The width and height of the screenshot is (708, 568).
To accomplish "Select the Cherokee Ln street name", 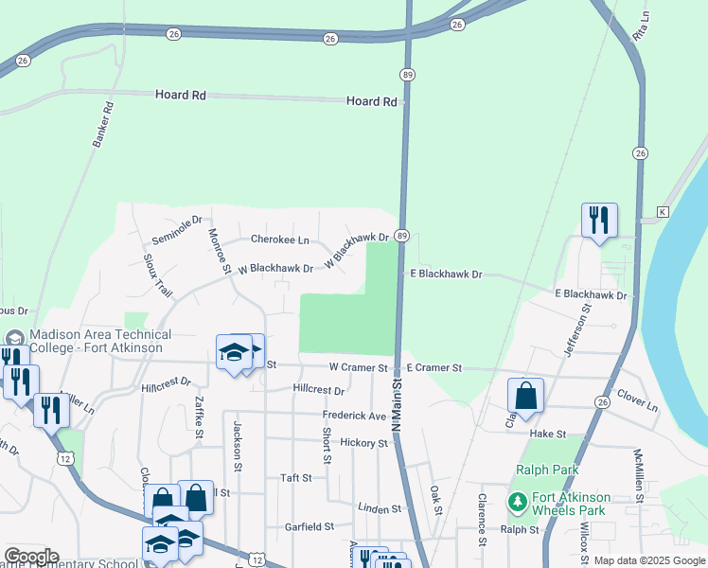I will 279,240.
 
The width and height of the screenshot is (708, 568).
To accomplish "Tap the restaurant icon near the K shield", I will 599,221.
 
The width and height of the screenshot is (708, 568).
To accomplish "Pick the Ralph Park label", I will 545,470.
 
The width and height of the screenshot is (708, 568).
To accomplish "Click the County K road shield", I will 663,212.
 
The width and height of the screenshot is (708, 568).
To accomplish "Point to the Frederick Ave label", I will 354,416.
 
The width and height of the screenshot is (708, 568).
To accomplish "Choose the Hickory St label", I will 363,442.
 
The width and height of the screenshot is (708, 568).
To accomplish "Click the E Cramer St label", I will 434,367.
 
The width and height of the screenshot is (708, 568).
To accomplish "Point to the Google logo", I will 31,557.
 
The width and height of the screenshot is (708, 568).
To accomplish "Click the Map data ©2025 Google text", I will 648,560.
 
